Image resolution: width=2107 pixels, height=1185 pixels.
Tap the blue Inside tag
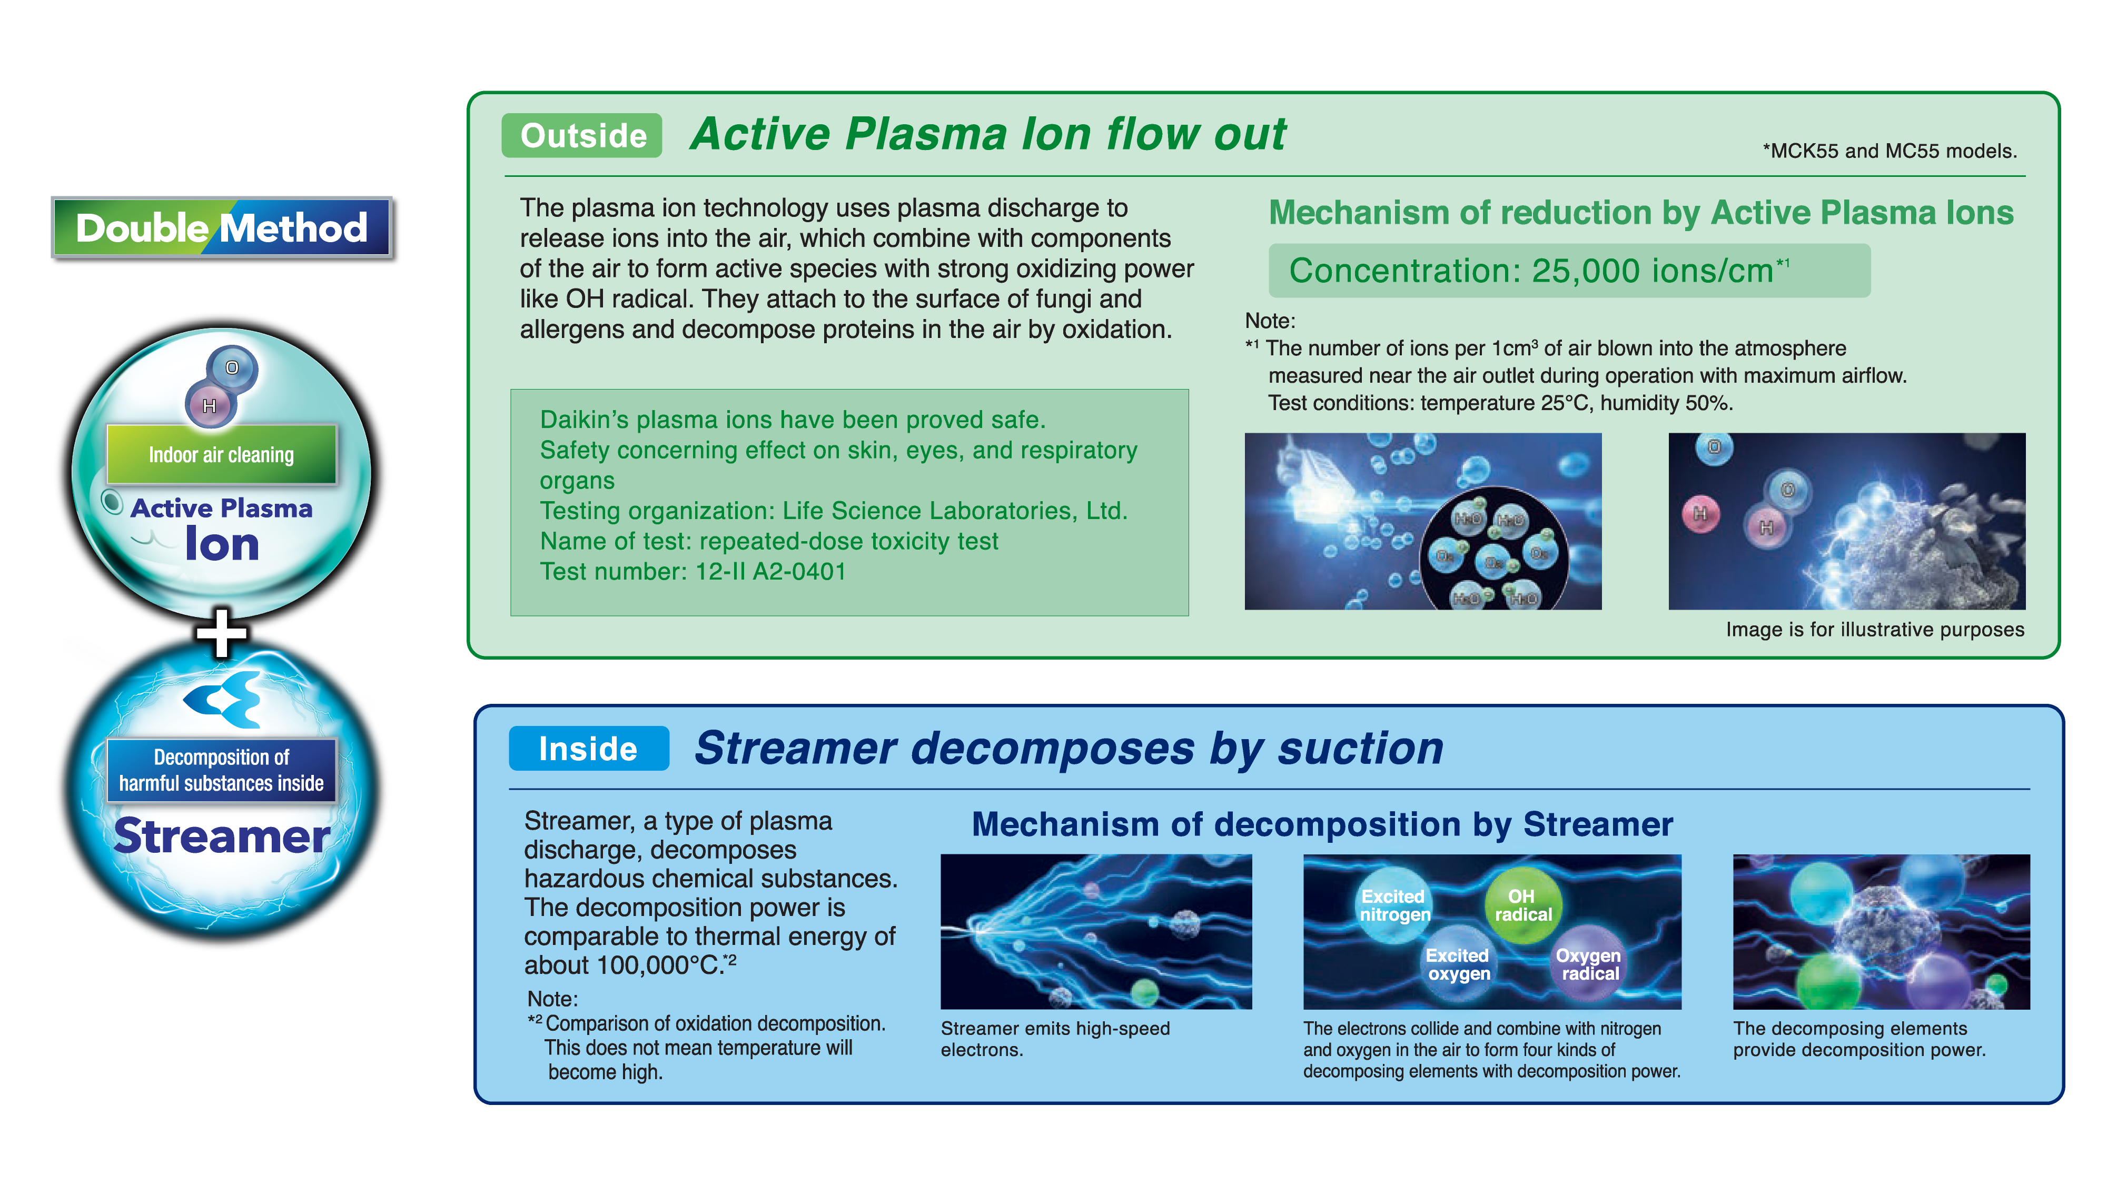[588, 748]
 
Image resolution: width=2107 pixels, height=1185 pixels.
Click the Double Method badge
[222, 227]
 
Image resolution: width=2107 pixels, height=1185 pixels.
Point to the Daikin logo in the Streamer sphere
[222, 699]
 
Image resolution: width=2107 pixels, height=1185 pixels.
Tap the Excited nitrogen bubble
[1394, 906]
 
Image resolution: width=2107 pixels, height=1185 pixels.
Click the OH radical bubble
[1522, 905]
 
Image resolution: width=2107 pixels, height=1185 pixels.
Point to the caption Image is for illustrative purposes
[1875, 629]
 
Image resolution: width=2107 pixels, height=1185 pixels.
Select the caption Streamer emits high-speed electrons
[1055, 1039]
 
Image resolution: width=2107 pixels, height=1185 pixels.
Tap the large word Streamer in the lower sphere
[222, 836]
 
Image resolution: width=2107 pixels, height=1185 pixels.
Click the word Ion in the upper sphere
[222, 544]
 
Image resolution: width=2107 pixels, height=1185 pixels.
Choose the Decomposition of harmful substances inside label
[222, 770]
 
